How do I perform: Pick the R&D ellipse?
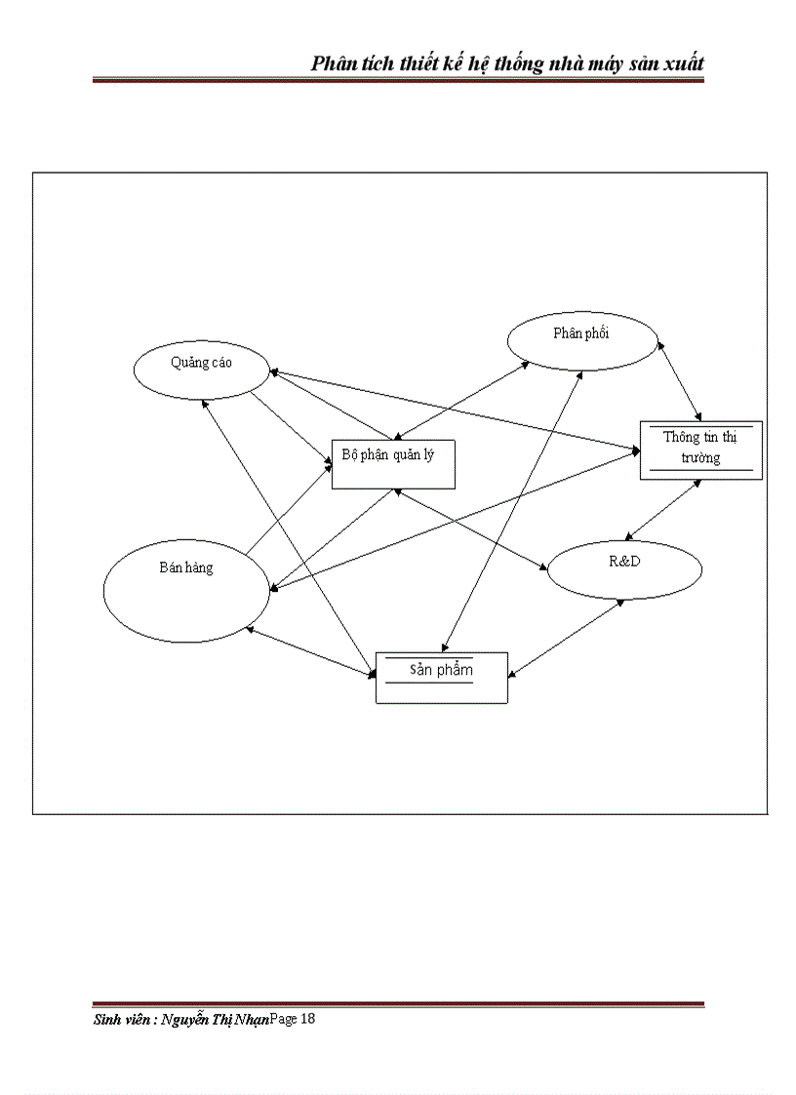click(x=624, y=569)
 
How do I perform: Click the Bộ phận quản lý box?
click(x=393, y=464)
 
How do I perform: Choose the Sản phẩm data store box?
click(x=441, y=678)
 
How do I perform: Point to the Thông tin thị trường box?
click(x=700, y=450)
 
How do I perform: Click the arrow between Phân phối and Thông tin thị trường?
click(x=681, y=380)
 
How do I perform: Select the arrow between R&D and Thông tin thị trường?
click(x=662, y=509)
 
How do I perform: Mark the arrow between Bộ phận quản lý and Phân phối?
click(x=460, y=400)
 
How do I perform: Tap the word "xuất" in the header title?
click(x=681, y=63)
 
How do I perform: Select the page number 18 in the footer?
click(x=307, y=1019)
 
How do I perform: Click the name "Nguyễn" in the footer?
click(x=189, y=1020)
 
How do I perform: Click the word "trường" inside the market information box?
click(x=700, y=458)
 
